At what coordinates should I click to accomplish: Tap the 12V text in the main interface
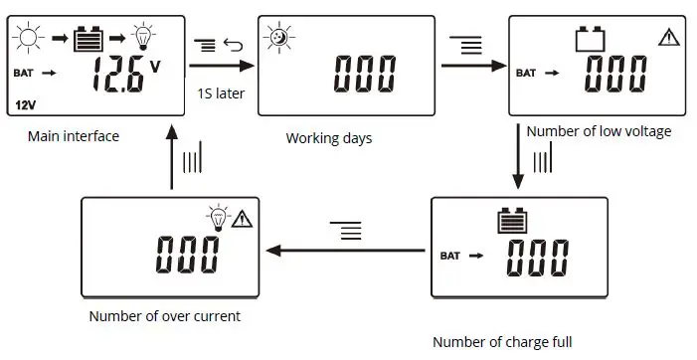click(x=25, y=103)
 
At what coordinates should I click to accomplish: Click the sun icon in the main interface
click(x=28, y=40)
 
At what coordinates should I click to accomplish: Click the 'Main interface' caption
click(x=74, y=136)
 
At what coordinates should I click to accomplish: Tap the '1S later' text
click(x=221, y=94)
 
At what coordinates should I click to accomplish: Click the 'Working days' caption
click(x=329, y=138)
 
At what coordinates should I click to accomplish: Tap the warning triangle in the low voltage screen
click(x=668, y=38)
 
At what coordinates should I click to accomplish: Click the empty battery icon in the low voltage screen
click(x=591, y=40)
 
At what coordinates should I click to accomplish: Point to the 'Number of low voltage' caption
click(x=599, y=131)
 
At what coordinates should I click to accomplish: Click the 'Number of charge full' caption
click(x=502, y=342)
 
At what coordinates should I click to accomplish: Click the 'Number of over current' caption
click(x=164, y=317)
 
